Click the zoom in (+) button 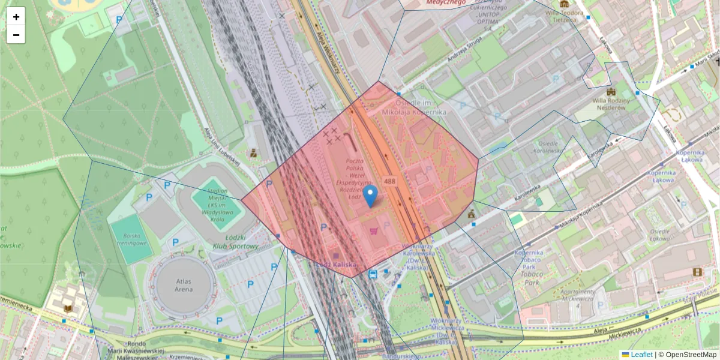[x=16, y=17]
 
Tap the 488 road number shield [x=389, y=181]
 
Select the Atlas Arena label [x=184, y=285]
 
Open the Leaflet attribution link [x=641, y=355]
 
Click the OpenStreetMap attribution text [x=691, y=355]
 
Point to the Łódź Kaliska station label [x=336, y=265]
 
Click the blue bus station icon [x=373, y=274]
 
